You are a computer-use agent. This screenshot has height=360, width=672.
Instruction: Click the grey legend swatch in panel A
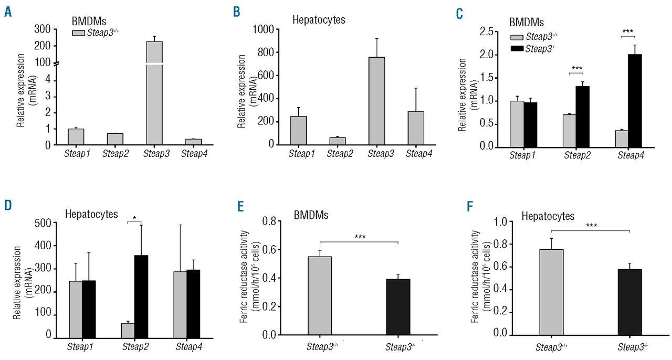[x=78, y=33]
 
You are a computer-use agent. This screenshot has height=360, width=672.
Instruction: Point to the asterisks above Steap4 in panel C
[x=627, y=31]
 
